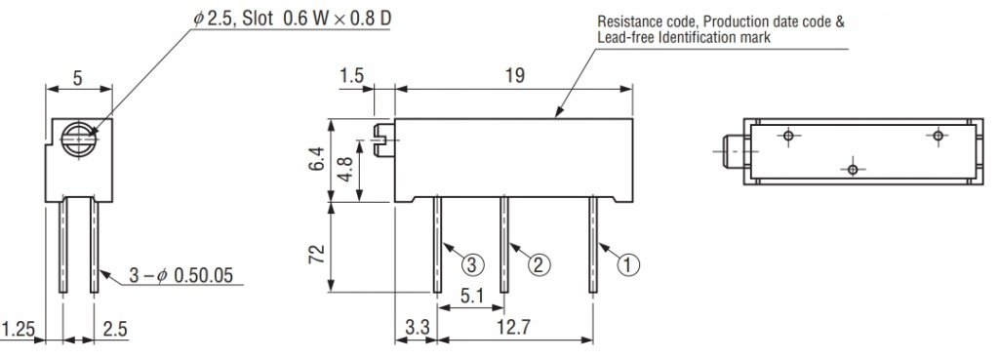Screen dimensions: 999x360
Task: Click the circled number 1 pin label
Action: coord(627,264)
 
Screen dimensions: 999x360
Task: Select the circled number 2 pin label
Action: coord(539,264)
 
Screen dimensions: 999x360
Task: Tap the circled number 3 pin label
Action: coord(472,264)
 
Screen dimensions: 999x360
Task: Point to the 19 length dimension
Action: coord(515,75)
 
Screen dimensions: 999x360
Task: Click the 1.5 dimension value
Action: coord(351,75)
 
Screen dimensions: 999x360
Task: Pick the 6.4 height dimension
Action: coord(317,159)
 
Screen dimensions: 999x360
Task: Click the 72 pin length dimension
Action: coord(317,254)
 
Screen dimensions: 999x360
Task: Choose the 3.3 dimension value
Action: coord(418,328)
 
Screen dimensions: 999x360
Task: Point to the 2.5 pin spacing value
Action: coord(115,330)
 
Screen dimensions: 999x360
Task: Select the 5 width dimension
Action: coord(78,78)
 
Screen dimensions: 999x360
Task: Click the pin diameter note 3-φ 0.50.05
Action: coord(180,275)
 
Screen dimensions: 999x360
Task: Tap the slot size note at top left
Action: coord(293,19)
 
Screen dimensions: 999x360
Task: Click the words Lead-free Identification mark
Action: coord(684,37)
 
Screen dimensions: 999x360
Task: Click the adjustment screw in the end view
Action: coord(78,139)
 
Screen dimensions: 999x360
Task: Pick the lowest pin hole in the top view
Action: coord(853,170)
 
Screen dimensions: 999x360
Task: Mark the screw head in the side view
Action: coord(382,140)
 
